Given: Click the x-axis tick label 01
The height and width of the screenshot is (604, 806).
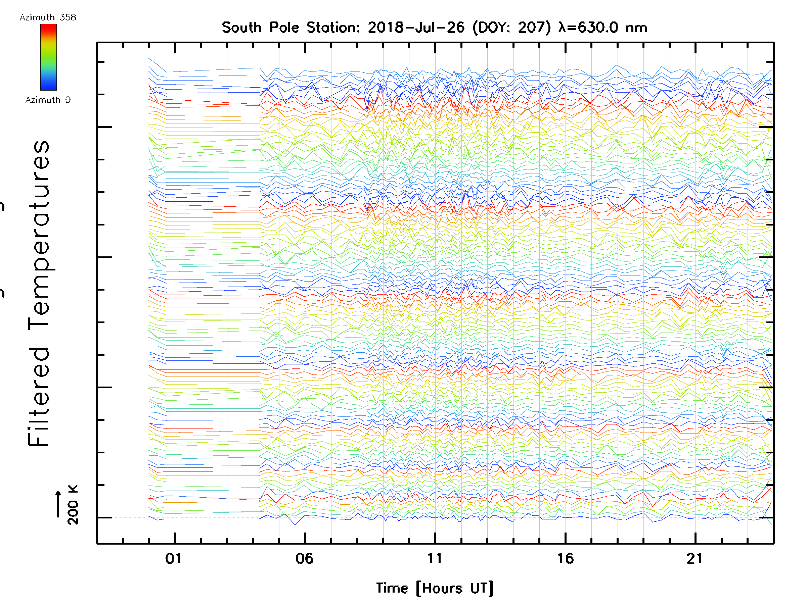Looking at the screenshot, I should point(173,558).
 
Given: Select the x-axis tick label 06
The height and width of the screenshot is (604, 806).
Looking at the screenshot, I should point(304,558).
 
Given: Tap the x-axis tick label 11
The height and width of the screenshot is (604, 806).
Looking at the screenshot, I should point(434,558).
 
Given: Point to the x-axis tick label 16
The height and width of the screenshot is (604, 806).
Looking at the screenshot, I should point(565,558).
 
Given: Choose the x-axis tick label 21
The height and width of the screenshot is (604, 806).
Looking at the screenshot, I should point(695,558).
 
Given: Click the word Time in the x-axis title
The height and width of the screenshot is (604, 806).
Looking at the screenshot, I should point(392,588).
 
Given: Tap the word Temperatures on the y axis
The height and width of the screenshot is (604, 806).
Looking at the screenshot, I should point(39,228).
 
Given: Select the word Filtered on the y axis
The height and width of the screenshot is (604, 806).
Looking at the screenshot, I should point(39,397).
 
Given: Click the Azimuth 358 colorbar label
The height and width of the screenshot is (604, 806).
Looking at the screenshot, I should point(48,17).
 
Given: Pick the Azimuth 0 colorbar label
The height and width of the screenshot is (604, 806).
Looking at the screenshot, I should point(48,100).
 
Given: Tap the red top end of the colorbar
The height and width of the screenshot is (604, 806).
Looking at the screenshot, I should point(48,27).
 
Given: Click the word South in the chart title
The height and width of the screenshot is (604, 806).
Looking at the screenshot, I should point(241,27).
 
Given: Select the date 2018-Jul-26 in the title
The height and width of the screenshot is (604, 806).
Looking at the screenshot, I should point(416,27).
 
